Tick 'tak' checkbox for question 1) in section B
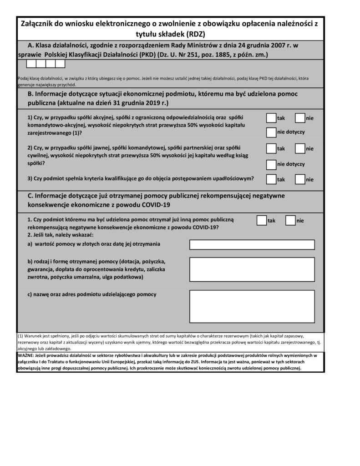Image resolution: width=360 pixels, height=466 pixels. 271,118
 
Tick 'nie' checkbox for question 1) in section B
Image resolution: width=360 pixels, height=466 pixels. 300,118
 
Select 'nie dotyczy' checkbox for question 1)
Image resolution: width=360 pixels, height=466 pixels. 271,132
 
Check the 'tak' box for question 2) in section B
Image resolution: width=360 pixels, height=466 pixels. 271,148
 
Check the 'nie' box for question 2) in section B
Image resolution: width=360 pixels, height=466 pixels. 300,148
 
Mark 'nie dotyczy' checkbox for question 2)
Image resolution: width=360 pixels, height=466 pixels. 271,164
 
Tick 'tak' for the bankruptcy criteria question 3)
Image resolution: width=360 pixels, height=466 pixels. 271,179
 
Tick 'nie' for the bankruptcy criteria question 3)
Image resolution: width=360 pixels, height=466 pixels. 300,179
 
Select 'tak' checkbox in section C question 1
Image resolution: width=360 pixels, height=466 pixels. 262,220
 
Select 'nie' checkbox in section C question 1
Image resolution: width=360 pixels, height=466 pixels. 290,220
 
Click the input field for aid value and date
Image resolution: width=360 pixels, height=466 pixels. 252,245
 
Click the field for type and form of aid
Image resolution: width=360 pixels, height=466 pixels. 252,270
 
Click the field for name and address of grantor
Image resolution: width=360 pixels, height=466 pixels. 252,306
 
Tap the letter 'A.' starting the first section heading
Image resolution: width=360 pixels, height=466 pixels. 31,46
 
